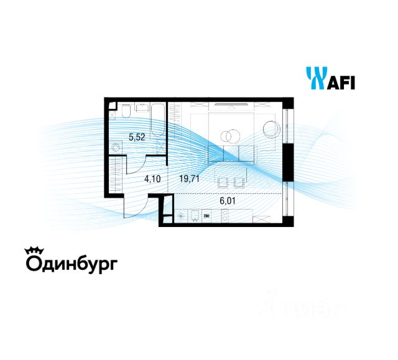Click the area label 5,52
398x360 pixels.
(x=137, y=137)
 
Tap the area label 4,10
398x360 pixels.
(x=152, y=179)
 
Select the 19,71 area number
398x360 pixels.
(x=188, y=179)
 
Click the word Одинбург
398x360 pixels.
(x=70, y=264)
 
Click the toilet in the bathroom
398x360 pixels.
(x=126, y=110)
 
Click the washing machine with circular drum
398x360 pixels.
(x=115, y=147)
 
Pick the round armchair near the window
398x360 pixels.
(x=272, y=129)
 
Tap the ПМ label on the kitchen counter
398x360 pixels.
(x=206, y=216)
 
